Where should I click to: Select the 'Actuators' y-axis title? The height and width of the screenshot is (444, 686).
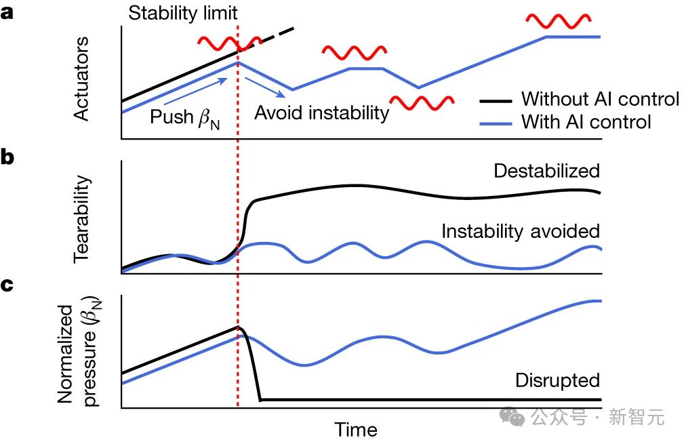(x=81, y=79)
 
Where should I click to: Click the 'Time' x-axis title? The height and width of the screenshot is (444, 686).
(x=356, y=430)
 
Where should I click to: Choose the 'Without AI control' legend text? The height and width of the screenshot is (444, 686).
(x=600, y=99)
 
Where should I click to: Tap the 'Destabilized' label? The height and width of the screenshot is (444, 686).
(x=547, y=171)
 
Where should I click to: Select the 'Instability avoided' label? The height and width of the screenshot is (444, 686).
(x=521, y=231)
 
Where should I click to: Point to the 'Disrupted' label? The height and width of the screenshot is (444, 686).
(x=557, y=380)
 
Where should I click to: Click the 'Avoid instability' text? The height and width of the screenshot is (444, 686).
(x=322, y=113)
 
